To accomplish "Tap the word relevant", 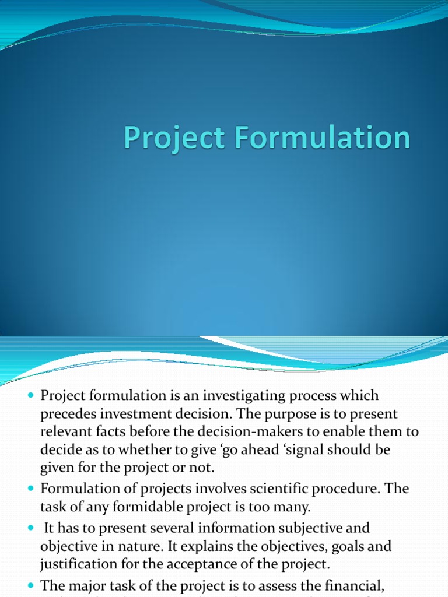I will [64, 432].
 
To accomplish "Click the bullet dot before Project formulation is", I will [32, 396].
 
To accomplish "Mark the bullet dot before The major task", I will [32, 585].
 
